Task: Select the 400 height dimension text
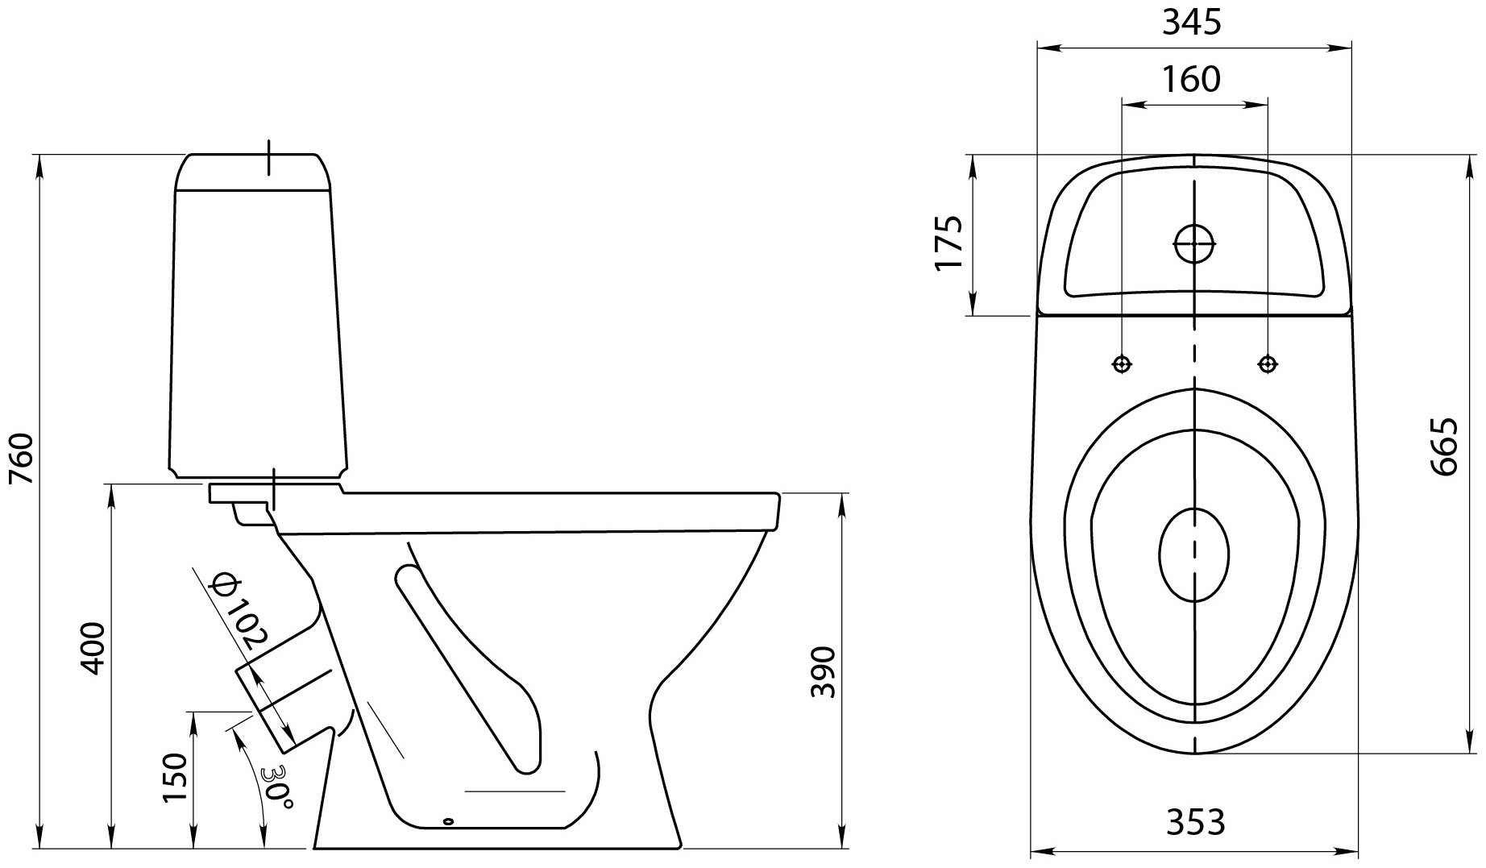[x=93, y=648]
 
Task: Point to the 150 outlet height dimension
[x=174, y=778]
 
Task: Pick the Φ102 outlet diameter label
[x=236, y=612]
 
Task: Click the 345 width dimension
[x=1192, y=23]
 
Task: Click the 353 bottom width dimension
[x=1195, y=821]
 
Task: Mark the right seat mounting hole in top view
[x=1268, y=364]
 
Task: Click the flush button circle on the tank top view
[x=1194, y=243]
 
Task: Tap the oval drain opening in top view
[x=1194, y=555]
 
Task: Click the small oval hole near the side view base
[x=449, y=822]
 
